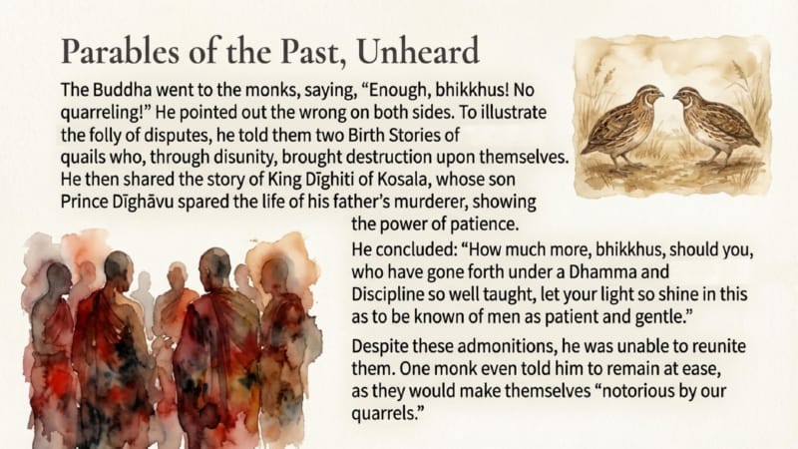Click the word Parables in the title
click(120, 52)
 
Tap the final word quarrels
click(387, 414)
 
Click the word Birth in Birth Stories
click(366, 135)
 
